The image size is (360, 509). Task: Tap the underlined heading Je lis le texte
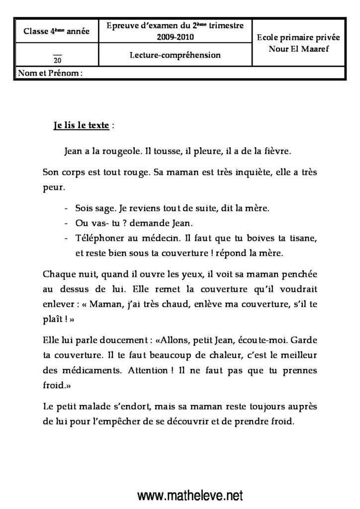coord(81,126)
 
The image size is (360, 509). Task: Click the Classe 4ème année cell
coord(57,32)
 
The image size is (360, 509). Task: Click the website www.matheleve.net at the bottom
coord(190,496)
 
